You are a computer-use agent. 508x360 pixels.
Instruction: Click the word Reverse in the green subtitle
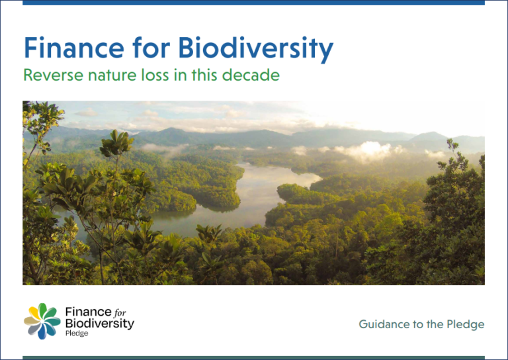coord(50,75)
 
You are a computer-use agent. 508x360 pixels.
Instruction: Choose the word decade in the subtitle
coord(254,75)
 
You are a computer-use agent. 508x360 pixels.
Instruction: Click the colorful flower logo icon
coord(42,322)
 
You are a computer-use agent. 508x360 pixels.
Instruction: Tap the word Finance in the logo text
coord(84,312)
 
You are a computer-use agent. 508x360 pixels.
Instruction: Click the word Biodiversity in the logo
coord(99,323)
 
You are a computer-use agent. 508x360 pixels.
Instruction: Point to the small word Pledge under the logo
coord(77,334)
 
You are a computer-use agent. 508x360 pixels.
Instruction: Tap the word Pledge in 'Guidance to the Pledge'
coord(467,324)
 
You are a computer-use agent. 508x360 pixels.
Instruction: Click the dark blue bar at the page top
coord(253,3)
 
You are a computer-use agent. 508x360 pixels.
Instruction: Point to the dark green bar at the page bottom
coord(253,357)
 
